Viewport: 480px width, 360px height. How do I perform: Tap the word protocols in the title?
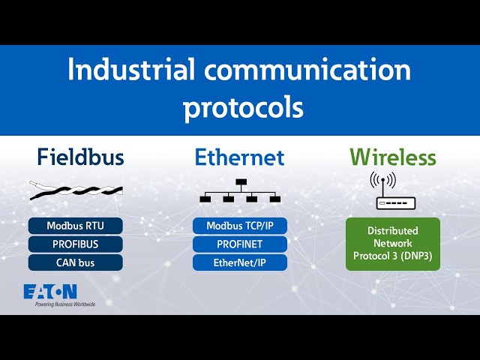click(244, 106)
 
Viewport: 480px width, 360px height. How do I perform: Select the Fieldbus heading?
click(81, 157)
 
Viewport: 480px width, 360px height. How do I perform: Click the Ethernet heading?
click(240, 157)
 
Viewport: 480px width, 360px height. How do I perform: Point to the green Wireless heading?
click(393, 157)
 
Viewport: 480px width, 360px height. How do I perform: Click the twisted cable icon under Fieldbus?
click(75, 190)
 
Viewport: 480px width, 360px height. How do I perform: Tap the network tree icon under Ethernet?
click(240, 192)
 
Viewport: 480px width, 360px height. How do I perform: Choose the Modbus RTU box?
click(75, 226)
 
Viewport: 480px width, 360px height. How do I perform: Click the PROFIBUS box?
click(75, 244)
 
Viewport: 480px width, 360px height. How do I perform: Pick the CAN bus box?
click(75, 262)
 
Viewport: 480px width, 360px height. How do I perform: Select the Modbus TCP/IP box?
click(240, 226)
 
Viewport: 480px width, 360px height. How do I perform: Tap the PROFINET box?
click(240, 244)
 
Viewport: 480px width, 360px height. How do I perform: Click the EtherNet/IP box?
click(240, 262)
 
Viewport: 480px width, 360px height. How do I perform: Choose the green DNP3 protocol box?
click(393, 244)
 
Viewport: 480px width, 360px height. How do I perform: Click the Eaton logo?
click(50, 291)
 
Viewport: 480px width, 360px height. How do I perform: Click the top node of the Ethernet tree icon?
click(241, 182)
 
